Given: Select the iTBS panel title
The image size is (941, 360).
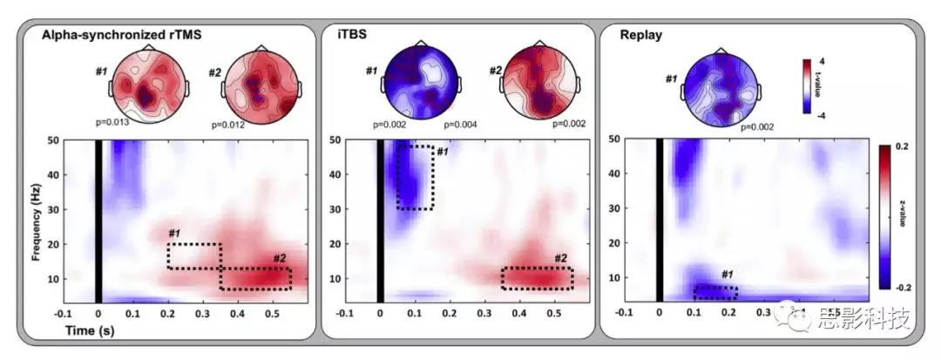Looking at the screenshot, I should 353,36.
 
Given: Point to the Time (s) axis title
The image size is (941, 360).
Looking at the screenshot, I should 90,331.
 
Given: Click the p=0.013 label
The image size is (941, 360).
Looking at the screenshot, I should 112,121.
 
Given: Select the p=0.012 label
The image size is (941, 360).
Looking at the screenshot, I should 227,125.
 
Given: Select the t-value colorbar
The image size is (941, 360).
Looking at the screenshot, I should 808,85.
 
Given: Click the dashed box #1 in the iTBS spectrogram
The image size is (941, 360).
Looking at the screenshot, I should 415,177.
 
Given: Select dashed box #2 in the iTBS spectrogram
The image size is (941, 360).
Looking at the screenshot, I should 538,277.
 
